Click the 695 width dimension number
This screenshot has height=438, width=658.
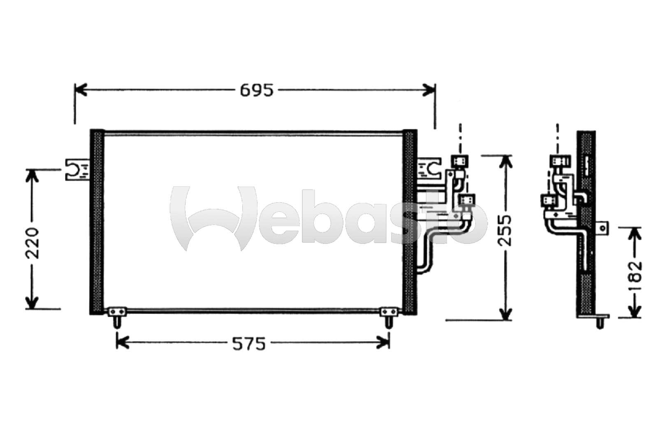pos(257,90)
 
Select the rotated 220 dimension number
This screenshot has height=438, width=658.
pos(32,243)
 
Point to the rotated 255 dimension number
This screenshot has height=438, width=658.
pos(505,231)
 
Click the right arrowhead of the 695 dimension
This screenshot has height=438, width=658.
pos(429,90)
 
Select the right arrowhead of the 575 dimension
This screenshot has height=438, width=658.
pos(383,342)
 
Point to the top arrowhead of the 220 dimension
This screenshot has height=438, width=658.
pos(32,176)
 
